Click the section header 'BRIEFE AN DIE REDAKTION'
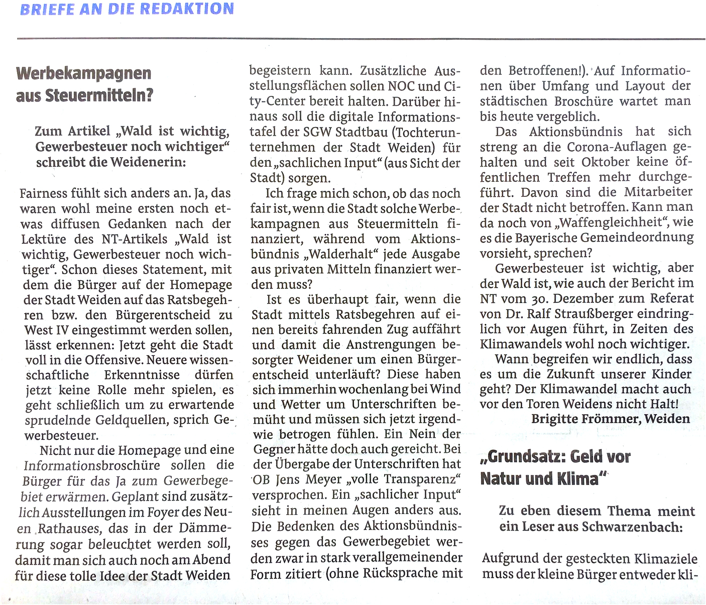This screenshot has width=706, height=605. point(127,9)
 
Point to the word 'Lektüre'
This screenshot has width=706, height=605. point(47,239)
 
